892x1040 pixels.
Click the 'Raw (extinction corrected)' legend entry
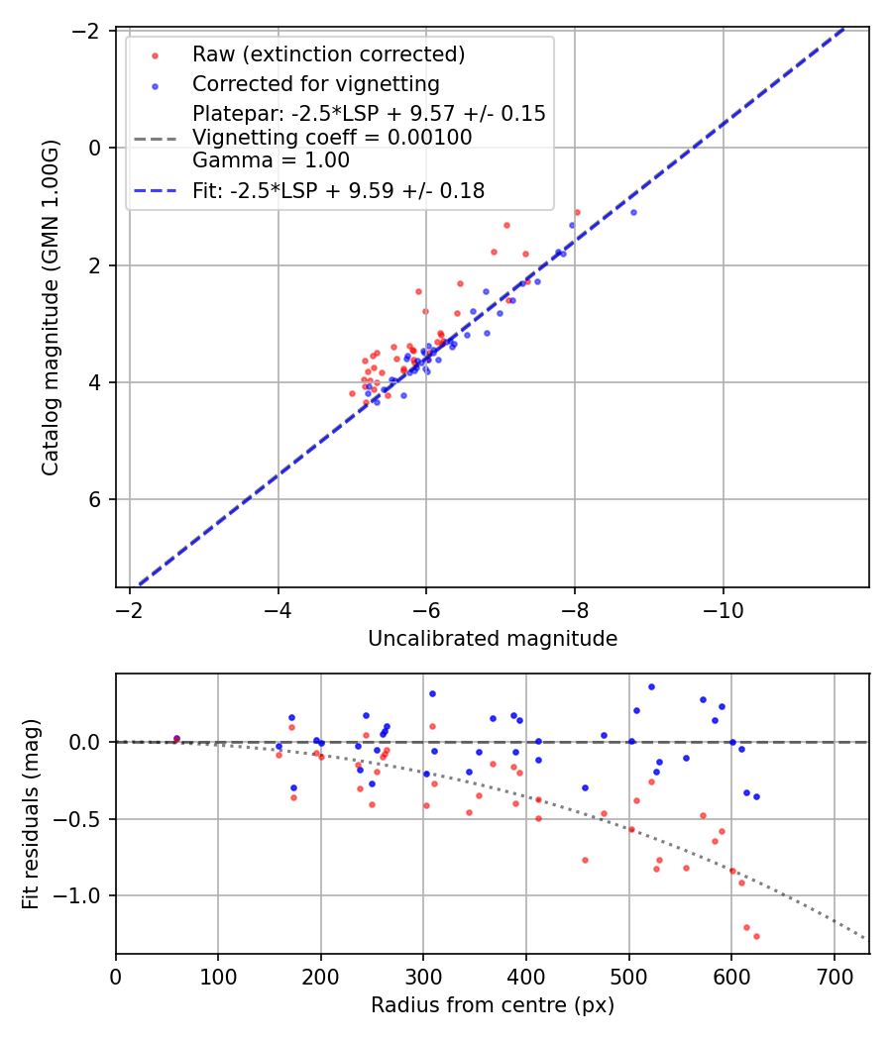tap(328, 53)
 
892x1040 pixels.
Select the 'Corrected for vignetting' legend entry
tap(315, 83)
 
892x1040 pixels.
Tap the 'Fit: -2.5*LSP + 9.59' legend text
tap(338, 191)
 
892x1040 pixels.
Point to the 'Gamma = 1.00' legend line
tap(271, 159)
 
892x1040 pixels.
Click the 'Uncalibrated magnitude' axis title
tap(493, 639)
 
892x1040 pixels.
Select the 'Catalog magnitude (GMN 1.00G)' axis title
tap(51, 307)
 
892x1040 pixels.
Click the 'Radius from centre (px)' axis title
tap(493, 1005)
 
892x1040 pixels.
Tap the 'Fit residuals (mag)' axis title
tap(31, 813)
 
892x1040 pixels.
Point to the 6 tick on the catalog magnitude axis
tap(96, 499)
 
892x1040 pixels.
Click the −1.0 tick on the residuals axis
tap(83, 895)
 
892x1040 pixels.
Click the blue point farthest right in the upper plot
tap(633, 212)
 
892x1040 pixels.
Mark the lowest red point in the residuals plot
tap(756, 936)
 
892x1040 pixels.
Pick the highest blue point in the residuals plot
tap(651, 686)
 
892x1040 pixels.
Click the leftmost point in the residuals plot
tap(176, 738)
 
